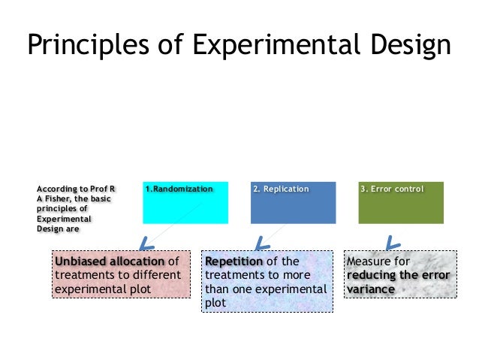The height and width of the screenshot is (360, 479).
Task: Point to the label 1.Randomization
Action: (x=179, y=189)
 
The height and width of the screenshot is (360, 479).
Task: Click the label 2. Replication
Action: (x=281, y=189)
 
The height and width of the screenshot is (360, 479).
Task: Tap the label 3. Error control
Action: (x=392, y=189)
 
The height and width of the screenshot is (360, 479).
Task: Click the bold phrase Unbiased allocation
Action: (x=110, y=262)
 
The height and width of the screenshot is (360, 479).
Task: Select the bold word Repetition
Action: (x=234, y=262)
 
